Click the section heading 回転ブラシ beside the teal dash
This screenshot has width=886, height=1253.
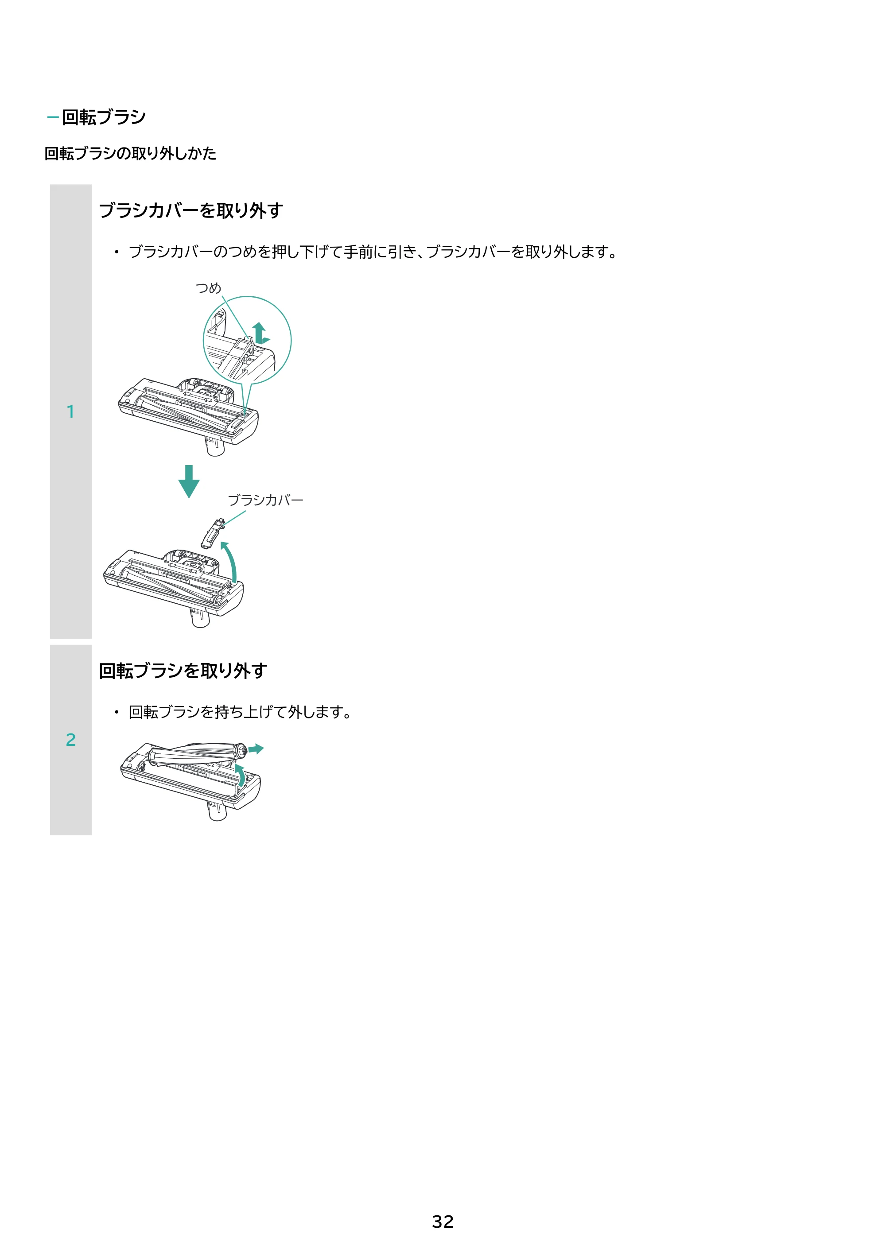click(104, 117)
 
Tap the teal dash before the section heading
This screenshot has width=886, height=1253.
click(53, 117)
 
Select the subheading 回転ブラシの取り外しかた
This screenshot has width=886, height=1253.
click(131, 153)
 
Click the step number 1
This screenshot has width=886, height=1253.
click(70, 411)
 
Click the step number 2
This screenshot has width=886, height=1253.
click(70, 740)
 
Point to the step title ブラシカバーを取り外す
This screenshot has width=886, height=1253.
click(190, 210)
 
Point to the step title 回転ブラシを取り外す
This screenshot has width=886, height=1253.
click(183, 670)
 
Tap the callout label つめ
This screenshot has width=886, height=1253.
click(209, 287)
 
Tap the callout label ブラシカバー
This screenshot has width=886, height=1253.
click(265, 500)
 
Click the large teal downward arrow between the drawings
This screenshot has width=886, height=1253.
click(189, 481)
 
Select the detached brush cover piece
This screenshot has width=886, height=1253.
click(214, 533)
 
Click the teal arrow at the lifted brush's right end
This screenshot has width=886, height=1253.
click(256, 749)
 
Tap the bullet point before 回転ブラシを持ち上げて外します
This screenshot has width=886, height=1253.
click(116, 712)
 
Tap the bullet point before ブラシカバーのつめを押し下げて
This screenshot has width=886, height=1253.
click(116, 252)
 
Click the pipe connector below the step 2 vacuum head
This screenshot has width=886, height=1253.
click(217, 811)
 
